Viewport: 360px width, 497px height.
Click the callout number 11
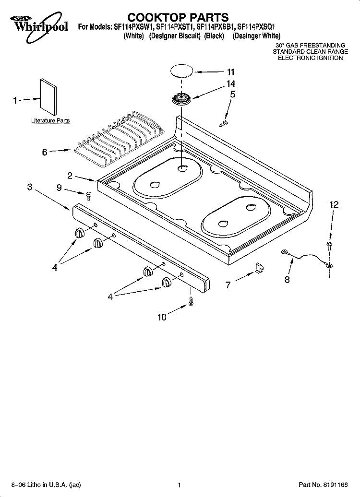coord(230,72)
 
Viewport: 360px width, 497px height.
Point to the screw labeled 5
coord(223,124)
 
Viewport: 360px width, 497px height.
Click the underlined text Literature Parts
coord(50,121)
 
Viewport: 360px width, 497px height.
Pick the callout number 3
coord(30,187)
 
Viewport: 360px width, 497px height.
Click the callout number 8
coord(287,280)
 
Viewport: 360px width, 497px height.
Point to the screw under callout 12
coord(329,246)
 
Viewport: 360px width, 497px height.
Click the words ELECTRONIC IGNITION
coord(311,58)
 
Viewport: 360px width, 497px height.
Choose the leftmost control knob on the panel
coord(80,233)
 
